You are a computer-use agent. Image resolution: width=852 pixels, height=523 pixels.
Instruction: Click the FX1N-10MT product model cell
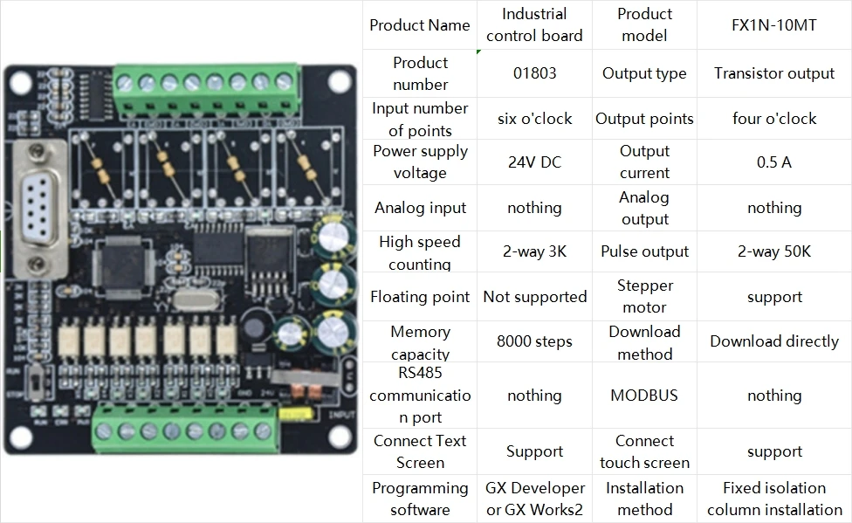coord(774,24)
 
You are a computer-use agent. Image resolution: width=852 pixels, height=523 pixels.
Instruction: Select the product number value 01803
coord(534,73)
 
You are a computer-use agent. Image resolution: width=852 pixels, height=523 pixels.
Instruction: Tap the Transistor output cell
coord(774,73)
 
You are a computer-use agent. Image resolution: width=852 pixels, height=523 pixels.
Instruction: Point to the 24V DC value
coord(534,162)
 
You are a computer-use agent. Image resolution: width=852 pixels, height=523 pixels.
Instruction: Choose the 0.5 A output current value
coord(774,162)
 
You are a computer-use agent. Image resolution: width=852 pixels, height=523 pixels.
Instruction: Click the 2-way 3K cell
coord(534,251)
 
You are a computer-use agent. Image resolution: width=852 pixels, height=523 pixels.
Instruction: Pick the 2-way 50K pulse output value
coord(774,251)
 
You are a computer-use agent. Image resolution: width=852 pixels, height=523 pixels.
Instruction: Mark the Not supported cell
coord(534,297)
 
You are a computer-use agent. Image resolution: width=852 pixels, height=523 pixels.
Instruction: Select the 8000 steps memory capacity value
coord(534,341)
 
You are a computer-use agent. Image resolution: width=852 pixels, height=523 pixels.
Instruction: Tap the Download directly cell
coord(774,341)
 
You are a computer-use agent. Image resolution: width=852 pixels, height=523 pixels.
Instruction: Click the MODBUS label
coord(644,396)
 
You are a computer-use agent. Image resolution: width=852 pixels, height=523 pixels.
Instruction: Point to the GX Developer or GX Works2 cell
coord(534,499)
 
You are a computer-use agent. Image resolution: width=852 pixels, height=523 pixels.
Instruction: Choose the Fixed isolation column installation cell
coord(774,499)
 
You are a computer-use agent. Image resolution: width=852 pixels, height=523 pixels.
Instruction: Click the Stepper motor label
coord(644,297)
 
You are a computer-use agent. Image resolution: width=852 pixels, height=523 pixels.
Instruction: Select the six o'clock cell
coord(534,119)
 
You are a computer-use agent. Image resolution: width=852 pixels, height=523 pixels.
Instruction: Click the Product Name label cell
coord(420,24)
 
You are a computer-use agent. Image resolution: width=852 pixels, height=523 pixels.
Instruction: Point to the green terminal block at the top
coord(204,83)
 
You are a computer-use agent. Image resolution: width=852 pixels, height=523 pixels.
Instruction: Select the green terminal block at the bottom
coord(183,430)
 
